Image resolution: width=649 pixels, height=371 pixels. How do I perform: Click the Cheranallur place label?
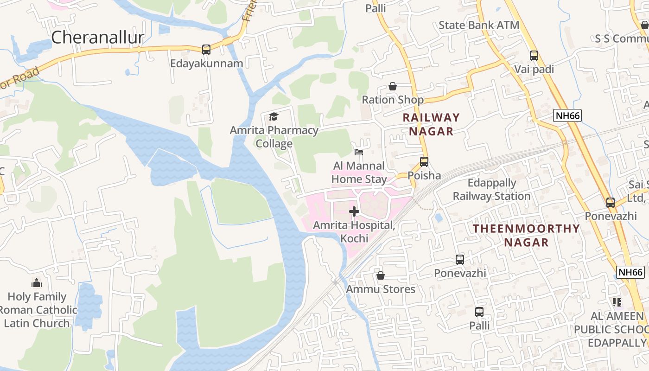pos(97,38)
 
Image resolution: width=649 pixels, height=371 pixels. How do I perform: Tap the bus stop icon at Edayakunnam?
pos(206,49)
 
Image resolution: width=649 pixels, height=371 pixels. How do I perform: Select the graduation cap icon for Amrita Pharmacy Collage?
pos(274,116)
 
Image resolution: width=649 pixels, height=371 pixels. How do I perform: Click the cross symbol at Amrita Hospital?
pos(354,211)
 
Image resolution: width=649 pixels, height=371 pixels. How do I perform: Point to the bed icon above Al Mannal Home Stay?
pos(359,152)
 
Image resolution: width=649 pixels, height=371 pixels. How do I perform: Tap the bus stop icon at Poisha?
pos(424,162)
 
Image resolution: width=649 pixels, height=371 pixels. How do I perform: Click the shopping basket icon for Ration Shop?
pos(393,86)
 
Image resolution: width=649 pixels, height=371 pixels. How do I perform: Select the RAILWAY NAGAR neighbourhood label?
pos(431,124)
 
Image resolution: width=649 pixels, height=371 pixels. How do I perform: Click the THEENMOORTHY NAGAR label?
pos(526,235)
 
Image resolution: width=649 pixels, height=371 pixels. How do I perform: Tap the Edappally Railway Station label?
pos(491,190)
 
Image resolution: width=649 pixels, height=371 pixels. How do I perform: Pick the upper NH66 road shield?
pos(567,116)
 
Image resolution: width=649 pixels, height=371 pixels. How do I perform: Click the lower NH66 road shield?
pos(631,272)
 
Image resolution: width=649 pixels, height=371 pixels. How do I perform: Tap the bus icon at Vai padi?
pos(534,56)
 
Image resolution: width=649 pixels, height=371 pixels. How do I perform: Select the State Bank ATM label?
pos(479,25)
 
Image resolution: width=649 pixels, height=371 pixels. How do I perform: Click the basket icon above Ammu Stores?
pos(381,275)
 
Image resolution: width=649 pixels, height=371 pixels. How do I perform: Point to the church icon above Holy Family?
pos(37,283)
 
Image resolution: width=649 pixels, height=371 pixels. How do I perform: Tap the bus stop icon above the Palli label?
pos(479,312)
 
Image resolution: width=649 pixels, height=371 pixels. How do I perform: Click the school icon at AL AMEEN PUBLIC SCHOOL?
pos(617,302)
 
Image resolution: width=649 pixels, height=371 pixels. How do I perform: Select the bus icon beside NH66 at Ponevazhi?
pos(611,203)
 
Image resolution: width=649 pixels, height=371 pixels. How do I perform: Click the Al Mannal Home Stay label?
pos(359,173)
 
